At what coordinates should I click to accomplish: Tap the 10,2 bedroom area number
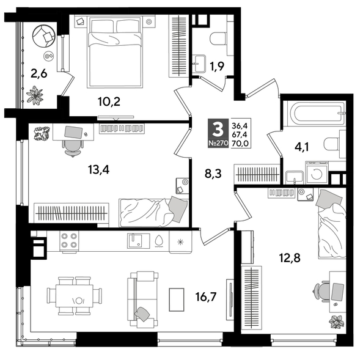pyautogui.click(x=108, y=101)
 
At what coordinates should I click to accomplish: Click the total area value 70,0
pyautogui.click(x=241, y=144)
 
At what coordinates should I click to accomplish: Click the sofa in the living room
pyautogui.click(x=142, y=298)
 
